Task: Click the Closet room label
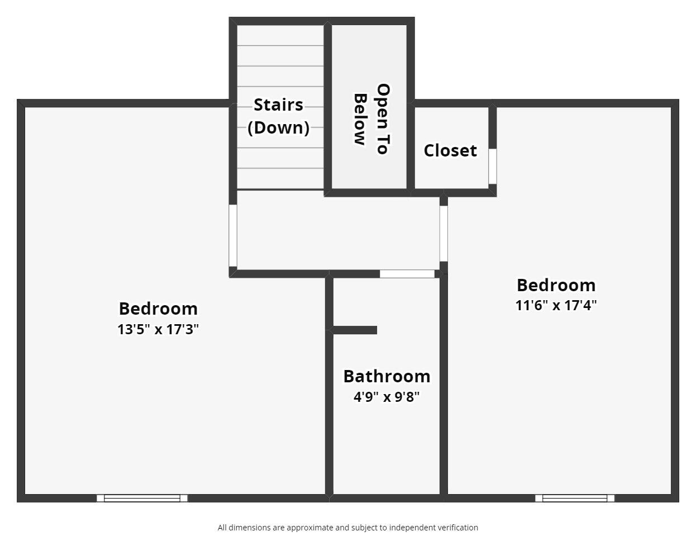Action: pos(450,150)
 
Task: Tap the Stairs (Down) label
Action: pos(279,116)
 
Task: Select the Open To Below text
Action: pos(371,118)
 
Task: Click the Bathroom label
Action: pos(387,376)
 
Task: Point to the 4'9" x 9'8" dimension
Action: pos(387,397)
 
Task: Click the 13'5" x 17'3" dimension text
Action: pos(158,329)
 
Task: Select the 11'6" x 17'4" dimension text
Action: pos(556,305)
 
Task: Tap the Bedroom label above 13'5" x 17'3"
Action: pos(158,309)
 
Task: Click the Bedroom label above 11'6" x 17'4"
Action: pos(556,285)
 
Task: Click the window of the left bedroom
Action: pos(142,498)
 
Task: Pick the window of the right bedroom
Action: pos(575,498)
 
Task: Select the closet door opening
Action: pos(492,166)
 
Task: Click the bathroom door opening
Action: pos(407,274)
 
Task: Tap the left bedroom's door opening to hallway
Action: pos(233,235)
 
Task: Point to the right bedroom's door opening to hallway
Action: pos(444,233)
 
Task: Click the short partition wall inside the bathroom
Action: pos(355,330)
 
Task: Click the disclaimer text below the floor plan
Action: pos(347,528)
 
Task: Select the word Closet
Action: pos(450,150)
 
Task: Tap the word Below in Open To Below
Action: pos(360,120)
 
